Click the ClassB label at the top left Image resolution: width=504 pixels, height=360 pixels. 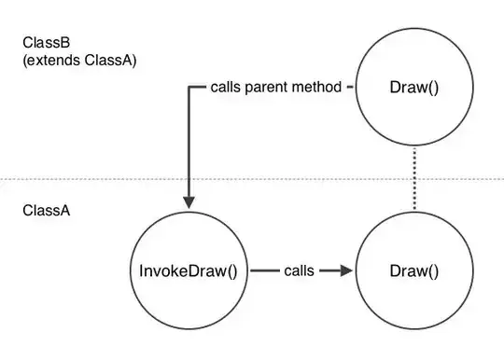pyautogui.click(x=43, y=43)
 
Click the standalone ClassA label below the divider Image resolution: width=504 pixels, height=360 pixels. pyautogui.click(x=43, y=211)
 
